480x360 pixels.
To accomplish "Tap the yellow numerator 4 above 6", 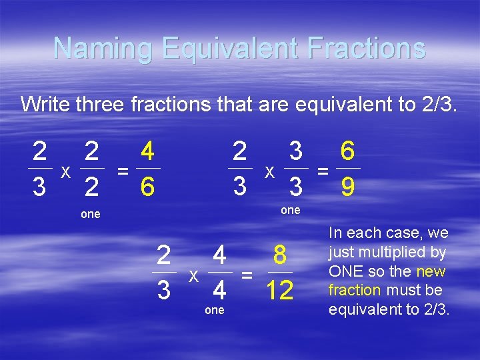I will pyautogui.click(x=148, y=152).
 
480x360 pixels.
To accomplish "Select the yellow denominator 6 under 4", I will pyautogui.click(x=148, y=189).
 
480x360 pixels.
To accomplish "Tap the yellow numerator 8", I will pyautogui.click(x=280, y=255).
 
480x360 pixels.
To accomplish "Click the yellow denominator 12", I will pyautogui.click(x=279, y=291).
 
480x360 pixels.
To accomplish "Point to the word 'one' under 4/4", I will pyautogui.click(x=214, y=311).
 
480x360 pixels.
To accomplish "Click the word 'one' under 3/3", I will pyautogui.click(x=290, y=210).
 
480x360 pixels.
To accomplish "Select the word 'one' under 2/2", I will pyautogui.click(x=90, y=215).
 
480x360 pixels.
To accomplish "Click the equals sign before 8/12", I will pyautogui.click(x=247, y=275).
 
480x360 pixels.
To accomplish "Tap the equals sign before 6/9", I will pyautogui.click(x=323, y=171).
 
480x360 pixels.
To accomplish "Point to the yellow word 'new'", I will pyautogui.click(x=430, y=271).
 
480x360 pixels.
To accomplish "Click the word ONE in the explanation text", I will pyautogui.click(x=347, y=271).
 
